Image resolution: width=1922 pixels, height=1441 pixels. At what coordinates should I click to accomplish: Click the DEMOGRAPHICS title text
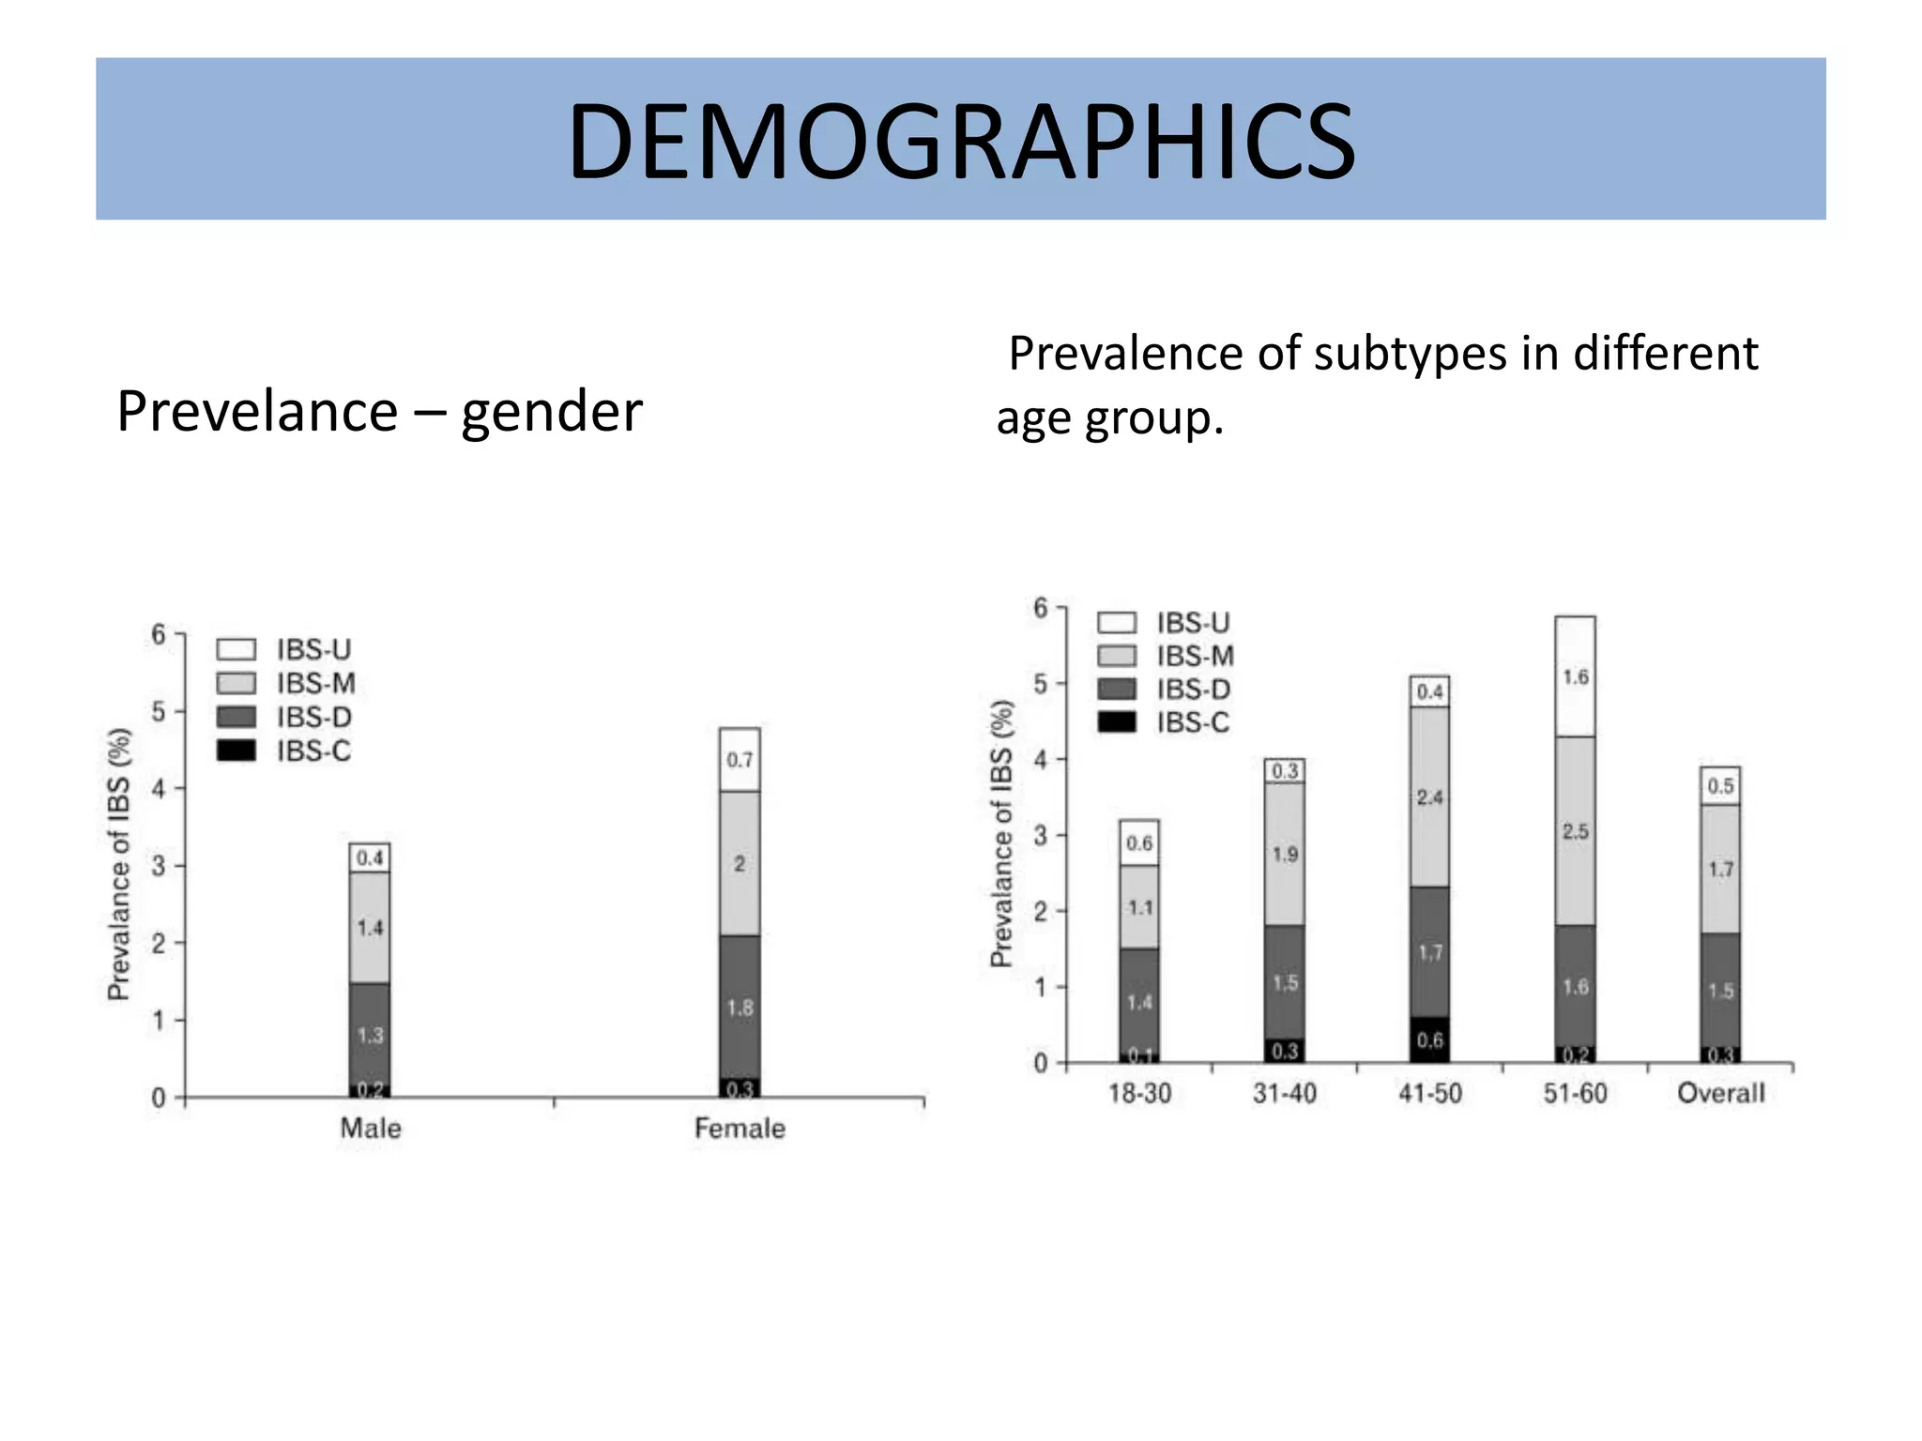coord(961,141)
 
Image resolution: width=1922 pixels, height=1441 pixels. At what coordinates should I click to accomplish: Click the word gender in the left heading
coord(551,412)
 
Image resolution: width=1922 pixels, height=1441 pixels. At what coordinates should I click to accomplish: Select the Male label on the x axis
coord(371,1128)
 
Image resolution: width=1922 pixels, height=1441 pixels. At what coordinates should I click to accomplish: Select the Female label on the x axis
coord(740,1128)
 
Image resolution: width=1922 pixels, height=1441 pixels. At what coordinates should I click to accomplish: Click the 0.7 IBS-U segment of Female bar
coord(740,760)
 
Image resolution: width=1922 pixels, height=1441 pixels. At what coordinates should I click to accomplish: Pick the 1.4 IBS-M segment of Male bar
coord(370,928)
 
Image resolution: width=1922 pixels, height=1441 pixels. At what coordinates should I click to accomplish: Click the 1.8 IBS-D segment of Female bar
coord(740,1008)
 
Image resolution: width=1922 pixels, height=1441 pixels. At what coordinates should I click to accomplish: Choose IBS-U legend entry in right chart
coord(1164,623)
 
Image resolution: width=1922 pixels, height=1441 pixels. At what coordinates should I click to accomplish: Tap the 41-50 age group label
coord(1429,1094)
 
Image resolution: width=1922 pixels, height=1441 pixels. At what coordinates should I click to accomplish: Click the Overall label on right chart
coord(1720,1094)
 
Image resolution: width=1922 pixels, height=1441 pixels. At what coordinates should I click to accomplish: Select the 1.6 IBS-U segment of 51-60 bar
coord(1575,677)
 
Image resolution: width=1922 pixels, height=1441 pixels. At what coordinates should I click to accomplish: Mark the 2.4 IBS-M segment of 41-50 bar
coord(1429,797)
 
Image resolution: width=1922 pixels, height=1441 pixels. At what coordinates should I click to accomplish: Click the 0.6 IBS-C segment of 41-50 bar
coord(1429,1040)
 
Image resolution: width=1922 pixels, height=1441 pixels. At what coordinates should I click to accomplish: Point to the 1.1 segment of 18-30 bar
coord(1139,907)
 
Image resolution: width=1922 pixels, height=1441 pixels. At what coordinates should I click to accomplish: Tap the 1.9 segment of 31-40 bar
coord(1284,855)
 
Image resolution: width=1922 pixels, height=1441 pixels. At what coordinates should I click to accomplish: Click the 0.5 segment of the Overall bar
coord(1720,786)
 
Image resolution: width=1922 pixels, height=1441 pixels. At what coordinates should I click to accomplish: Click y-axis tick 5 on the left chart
coord(159,712)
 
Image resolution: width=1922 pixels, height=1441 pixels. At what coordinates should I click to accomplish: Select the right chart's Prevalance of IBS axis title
coord(1002,834)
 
